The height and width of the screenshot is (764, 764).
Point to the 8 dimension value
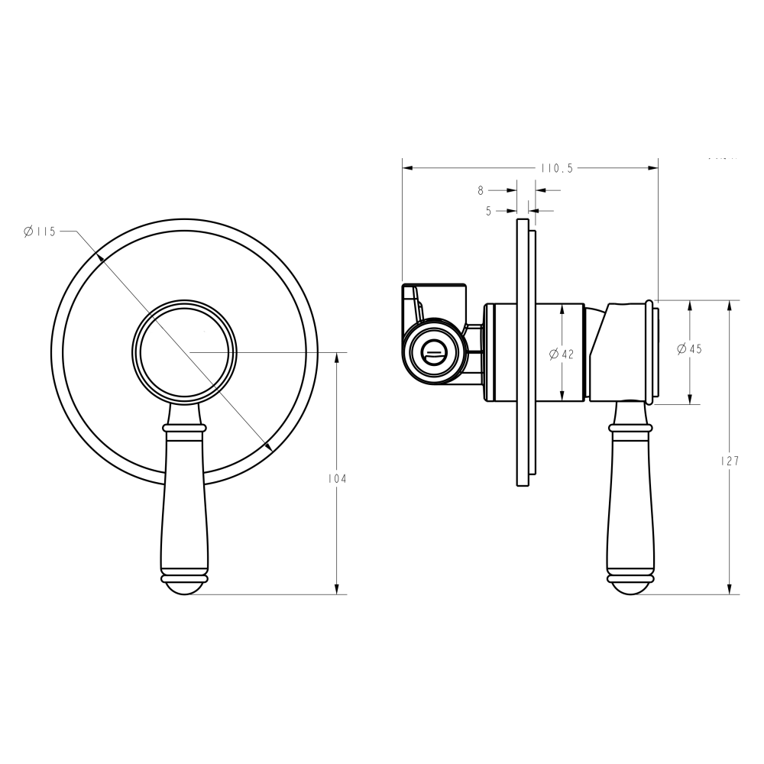pos(481,189)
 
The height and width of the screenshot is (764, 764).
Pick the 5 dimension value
pos(488,210)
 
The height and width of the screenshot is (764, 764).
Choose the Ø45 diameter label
pos(689,348)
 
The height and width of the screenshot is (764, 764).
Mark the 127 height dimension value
pos(730,461)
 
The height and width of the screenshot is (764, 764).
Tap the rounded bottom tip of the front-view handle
pos(185,585)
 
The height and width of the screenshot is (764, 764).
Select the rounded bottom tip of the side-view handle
pos(630,585)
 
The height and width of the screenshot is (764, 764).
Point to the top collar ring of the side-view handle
pos(630,429)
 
